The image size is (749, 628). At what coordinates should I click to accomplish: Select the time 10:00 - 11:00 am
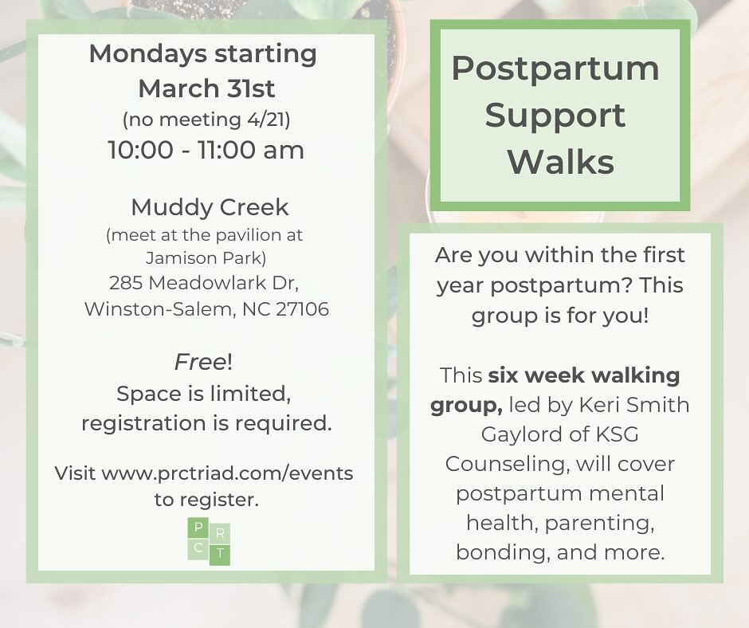(206, 151)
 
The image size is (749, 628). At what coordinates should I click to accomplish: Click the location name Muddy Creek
(210, 208)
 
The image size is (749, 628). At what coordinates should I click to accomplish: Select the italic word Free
(200, 363)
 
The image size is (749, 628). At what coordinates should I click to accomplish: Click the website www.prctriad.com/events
(227, 473)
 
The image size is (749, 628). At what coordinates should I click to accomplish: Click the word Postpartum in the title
(555, 69)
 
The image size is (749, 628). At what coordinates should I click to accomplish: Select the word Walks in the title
(561, 162)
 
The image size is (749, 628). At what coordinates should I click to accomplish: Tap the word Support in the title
(555, 116)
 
